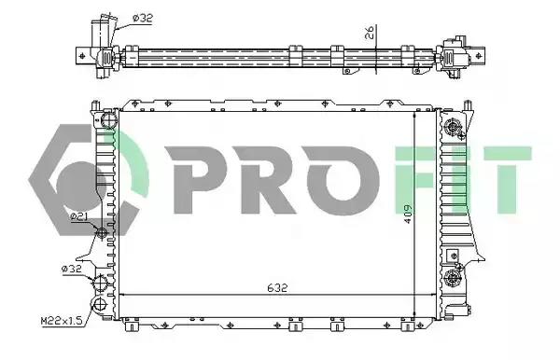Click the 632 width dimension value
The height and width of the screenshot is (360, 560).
tap(277, 287)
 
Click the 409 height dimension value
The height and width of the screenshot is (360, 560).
tap(408, 214)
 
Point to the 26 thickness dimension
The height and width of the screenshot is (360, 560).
tap(370, 33)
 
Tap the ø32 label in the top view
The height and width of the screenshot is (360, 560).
tap(143, 18)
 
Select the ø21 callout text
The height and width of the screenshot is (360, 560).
tap(79, 216)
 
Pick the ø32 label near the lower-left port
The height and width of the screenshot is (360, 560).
tap(72, 269)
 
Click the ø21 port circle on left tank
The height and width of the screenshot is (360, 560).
tap(102, 232)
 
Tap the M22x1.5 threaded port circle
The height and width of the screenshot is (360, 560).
tap(100, 304)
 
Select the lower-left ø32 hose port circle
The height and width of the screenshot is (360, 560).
tap(100, 284)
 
